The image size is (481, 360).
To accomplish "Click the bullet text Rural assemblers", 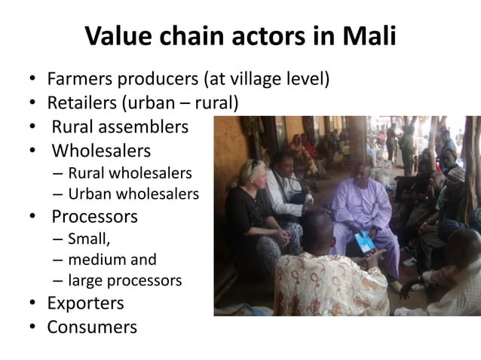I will (120, 127).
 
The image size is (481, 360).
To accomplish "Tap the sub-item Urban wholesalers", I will (133, 194).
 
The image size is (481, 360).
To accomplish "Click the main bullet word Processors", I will (95, 217).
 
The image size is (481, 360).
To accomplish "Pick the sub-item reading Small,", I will (87, 240).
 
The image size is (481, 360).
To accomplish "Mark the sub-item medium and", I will (112, 261).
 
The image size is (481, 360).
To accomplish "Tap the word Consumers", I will (92, 327).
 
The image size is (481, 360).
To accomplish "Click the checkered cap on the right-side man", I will (455, 175).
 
